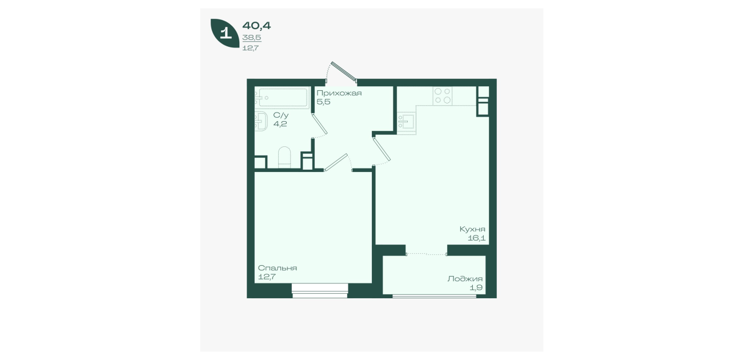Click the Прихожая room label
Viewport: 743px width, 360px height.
(x=339, y=93)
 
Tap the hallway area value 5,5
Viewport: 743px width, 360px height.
(x=323, y=102)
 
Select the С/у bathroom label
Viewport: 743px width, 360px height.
(x=280, y=115)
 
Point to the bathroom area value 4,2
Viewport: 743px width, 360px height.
(x=280, y=124)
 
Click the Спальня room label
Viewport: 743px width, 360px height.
(x=278, y=268)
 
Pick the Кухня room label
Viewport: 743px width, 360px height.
(x=472, y=229)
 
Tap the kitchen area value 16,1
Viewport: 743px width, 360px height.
(x=477, y=238)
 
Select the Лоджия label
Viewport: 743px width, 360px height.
(x=465, y=279)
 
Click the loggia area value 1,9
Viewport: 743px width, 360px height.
(x=476, y=287)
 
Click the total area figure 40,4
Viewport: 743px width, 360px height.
(x=256, y=26)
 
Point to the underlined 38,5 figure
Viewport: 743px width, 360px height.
(x=252, y=38)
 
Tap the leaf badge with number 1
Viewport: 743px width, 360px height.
(x=225, y=33)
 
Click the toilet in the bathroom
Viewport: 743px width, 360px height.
(x=284, y=157)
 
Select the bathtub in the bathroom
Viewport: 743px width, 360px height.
(x=282, y=98)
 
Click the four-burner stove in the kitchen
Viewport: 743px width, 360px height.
(x=443, y=95)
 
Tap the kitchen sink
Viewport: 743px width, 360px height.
(x=406, y=122)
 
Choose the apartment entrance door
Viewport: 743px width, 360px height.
(x=344, y=71)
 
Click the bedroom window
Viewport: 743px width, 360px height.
(x=320, y=291)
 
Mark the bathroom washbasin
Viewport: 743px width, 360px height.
(x=261, y=122)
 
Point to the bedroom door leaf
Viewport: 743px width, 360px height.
(x=336, y=162)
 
